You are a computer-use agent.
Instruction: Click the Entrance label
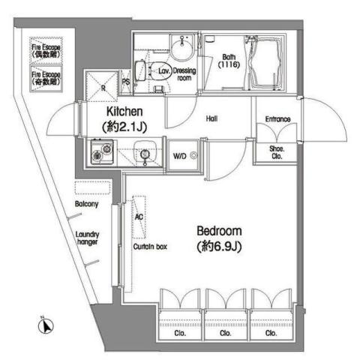(277, 118)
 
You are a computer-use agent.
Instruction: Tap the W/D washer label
(181, 156)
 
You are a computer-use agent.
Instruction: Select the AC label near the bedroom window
(138, 217)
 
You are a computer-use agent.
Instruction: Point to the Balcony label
(88, 204)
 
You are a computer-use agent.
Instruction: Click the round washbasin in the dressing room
(180, 49)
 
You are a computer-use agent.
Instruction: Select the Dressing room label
(186, 75)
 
